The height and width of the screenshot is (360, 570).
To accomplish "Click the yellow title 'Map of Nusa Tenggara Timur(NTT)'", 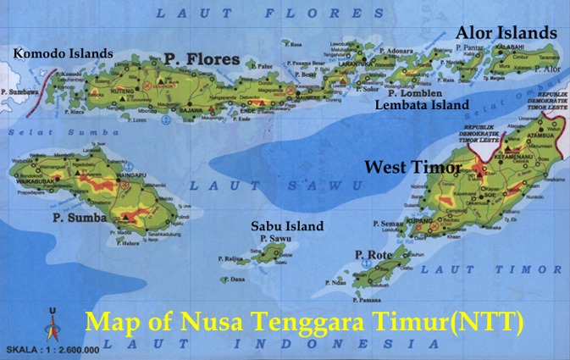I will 305,323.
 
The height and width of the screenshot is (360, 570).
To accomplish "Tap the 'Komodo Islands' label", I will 63,53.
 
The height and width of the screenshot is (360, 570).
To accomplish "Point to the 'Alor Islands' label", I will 506,32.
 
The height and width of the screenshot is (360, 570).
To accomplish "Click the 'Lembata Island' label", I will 422,105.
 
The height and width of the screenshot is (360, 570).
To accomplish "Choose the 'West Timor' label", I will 412,167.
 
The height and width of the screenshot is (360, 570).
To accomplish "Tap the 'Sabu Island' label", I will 287,226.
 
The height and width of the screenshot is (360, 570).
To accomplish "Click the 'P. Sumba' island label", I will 80,218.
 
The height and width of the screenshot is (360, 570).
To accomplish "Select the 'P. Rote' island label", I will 371,254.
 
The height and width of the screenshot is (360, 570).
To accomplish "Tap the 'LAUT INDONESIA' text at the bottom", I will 279,344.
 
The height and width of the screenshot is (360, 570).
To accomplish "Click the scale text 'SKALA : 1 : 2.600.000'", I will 53,349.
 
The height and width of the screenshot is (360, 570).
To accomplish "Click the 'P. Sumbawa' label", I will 17,90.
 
